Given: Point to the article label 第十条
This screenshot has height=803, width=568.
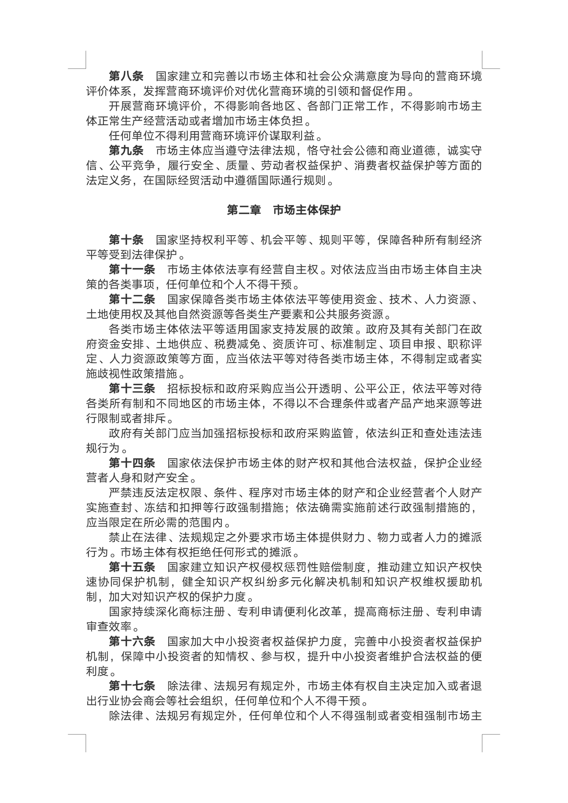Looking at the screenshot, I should [x=126, y=240].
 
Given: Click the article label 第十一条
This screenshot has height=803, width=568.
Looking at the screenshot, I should [x=132, y=270].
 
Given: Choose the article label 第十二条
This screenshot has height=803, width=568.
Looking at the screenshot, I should [x=132, y=299].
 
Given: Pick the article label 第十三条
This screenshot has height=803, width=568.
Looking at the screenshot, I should [x=132, y=389].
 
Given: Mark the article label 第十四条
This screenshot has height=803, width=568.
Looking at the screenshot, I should [x=132, y=463].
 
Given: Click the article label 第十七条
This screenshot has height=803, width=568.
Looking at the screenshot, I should [x=132, y=686].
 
